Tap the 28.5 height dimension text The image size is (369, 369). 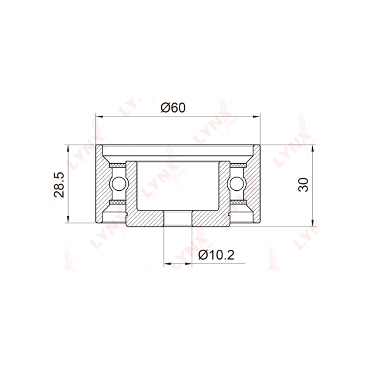(59, 184)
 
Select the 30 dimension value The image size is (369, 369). (303, 185)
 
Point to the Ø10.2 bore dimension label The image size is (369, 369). (216, 255)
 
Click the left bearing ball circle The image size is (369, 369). (119, 184)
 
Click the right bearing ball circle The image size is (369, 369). (237, 184)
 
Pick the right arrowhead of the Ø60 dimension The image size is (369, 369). (256, 116)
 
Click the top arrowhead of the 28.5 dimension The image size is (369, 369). (68, 149)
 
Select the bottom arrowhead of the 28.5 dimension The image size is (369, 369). (68, 219)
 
